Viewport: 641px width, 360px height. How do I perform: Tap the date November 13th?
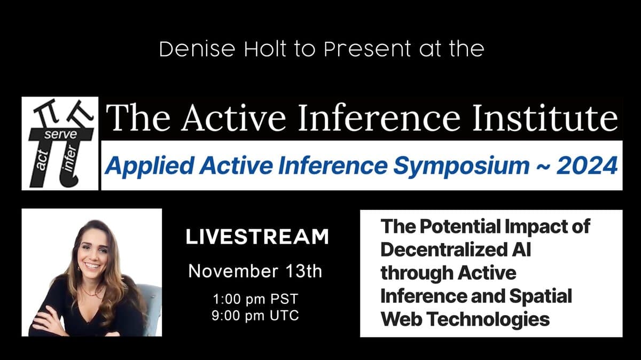tap(255, 271)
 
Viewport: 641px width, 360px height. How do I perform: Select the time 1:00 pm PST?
tap(255, 298)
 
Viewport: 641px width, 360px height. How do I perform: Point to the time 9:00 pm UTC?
tap(255, 315)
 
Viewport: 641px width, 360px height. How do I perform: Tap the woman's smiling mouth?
tap(92, 265)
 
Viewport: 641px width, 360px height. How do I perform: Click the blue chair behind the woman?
tap(152, 304)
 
